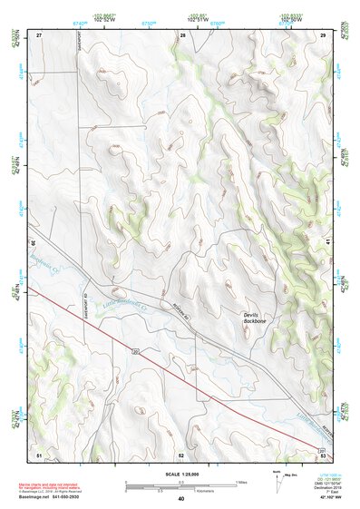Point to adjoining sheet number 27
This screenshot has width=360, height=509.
(40, 34)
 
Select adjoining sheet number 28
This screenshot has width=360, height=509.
(182, 34)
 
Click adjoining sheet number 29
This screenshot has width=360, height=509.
(323, 34)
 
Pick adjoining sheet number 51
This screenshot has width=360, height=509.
(39, 453)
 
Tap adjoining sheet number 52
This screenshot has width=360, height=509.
(181, 453)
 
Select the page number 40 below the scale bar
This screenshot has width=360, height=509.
(181, 498)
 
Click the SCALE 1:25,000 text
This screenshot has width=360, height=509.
(180, 472)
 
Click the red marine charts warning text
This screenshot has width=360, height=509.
(56, 485)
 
